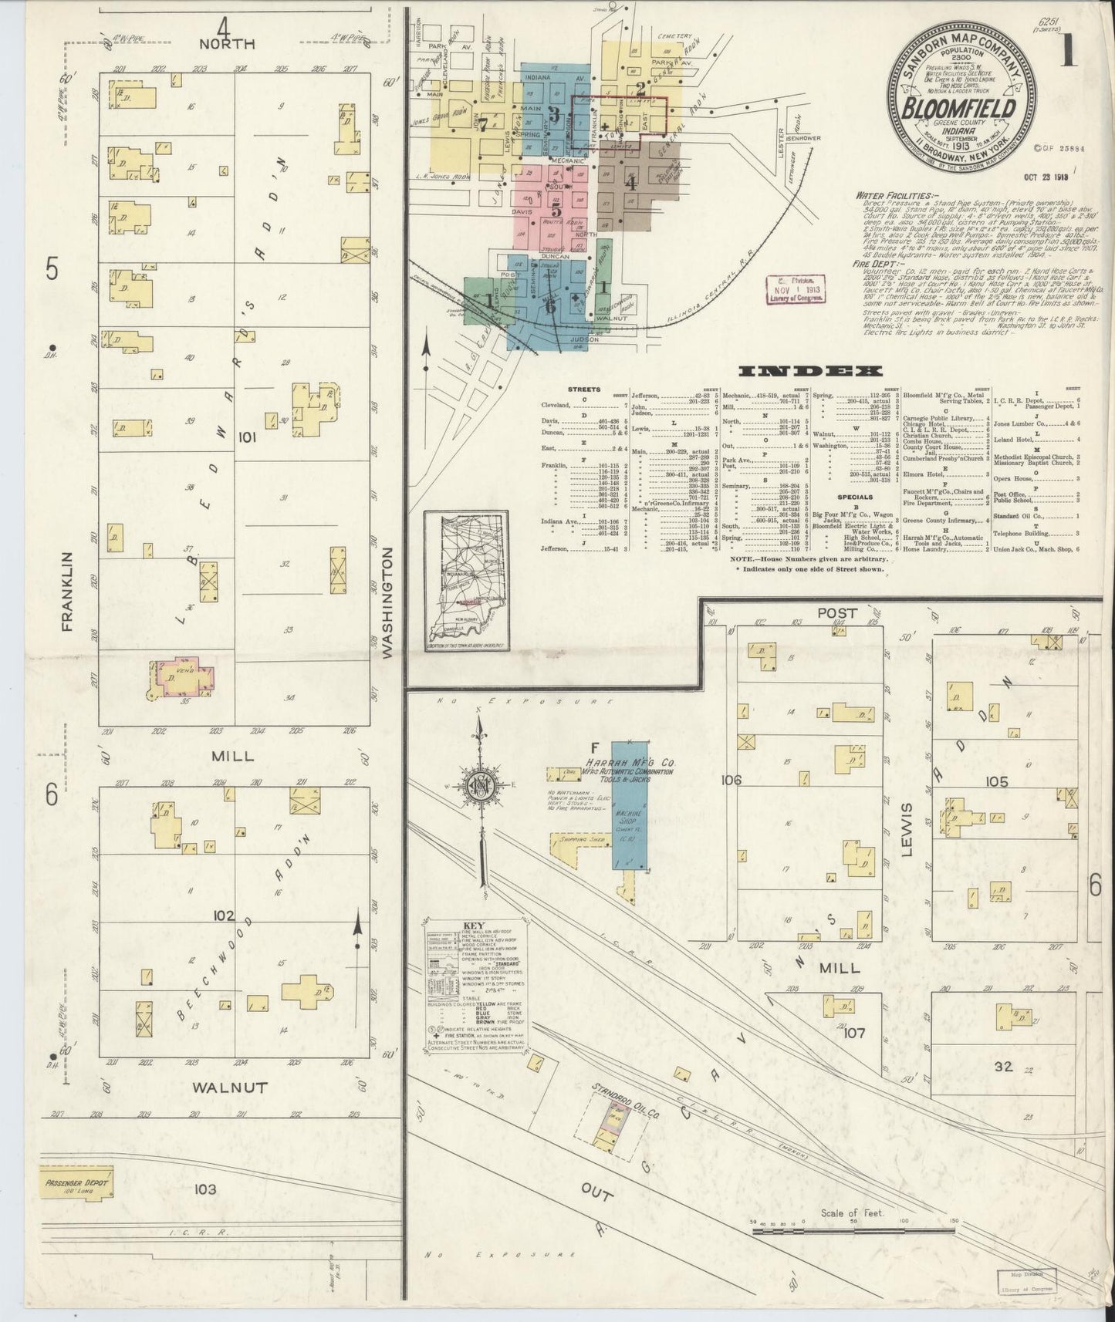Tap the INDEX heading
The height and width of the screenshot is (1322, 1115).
pos(809,372)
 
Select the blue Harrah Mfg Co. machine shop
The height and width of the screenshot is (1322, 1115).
pos(630,804)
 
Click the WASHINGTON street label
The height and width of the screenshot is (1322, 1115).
pos(387,602)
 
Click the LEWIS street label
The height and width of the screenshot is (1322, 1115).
pos(907,829)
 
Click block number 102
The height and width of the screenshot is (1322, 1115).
pos(224,916)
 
